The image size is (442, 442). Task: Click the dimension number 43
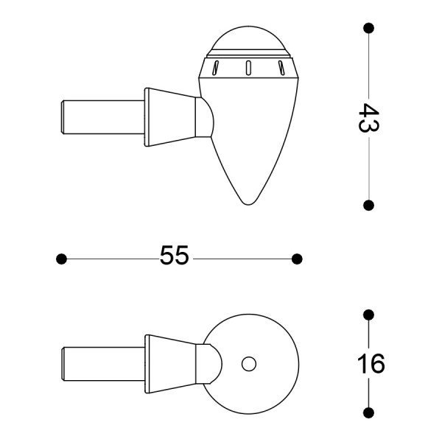(x=368, y=117)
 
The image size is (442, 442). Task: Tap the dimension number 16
(x=371, y=363)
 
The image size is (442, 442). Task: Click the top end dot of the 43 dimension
(x=368, y=28)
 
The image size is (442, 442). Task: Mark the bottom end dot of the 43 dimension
(x=368, y=205)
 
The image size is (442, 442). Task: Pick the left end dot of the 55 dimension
(x=62, y=259)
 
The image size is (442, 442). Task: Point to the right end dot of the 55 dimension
(x=297, y=259)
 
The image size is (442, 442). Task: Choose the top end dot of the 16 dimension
(x=369, y=315)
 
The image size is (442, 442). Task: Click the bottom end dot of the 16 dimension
(x=369, y=411)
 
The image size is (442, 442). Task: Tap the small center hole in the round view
(x=248, y=363)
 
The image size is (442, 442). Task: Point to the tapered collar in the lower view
(x=171, y=364)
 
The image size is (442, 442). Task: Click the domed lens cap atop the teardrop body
(x=248, y=41)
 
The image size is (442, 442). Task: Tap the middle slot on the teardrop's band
(x=248, y=68)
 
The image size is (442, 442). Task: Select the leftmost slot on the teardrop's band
(x=215, y=69)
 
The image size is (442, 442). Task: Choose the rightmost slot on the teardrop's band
(x=281, y=69)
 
